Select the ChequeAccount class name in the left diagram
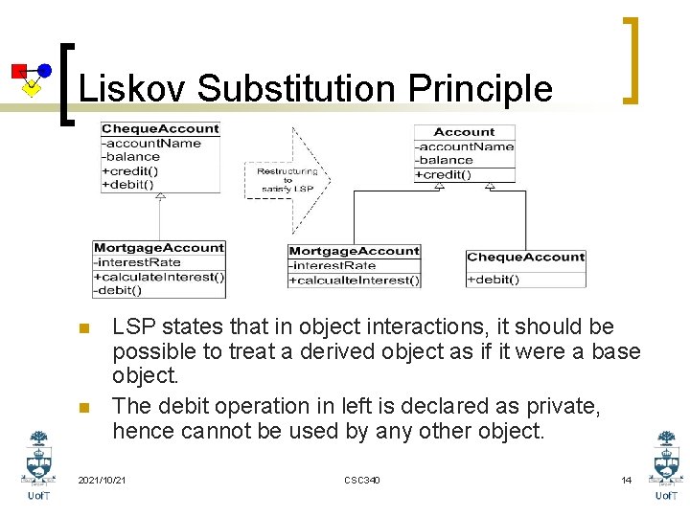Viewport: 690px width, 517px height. [160, 129]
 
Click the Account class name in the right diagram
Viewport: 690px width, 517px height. [464, 132]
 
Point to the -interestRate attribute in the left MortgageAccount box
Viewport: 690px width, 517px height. [137, 262]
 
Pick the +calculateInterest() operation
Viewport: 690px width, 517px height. [159, 277]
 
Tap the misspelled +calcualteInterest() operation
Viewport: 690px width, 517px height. [355, 281]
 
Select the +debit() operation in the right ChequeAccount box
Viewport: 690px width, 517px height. [494, 280]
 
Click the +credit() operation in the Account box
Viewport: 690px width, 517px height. [444, 174]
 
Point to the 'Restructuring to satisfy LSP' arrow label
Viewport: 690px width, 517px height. [287, 180]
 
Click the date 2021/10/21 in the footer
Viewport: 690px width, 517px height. [102, 480]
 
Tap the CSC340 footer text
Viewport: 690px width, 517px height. [361, 480]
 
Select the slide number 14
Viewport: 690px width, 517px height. [626, 480]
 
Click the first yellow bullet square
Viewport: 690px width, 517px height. [83, 329]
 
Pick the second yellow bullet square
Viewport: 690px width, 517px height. [83, 409]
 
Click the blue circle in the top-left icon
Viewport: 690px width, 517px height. [43, 70]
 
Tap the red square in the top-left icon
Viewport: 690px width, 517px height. [18, 70]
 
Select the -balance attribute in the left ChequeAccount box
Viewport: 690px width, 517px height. [131, 156]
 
